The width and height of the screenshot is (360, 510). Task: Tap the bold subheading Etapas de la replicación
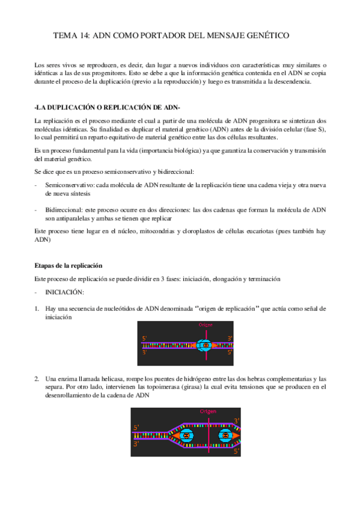coord(69,265)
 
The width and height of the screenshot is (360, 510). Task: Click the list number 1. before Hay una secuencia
coord(37,309)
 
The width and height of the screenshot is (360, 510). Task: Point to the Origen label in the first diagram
coord(206,326)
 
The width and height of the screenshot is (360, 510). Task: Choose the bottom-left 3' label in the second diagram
coord(137,443)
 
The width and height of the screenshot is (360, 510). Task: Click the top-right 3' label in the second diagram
coord(236,420)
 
